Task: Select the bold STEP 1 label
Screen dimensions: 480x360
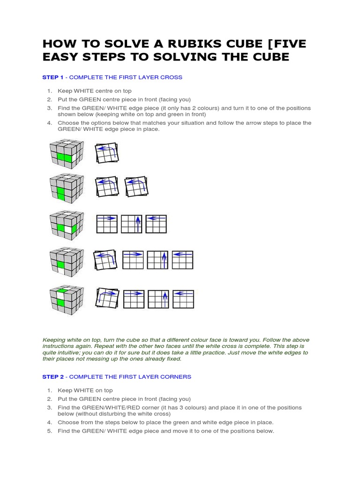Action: [53, 77]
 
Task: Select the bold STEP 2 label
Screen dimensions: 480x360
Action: [53, 377]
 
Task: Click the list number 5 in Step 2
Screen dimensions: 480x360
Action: [49, 431]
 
